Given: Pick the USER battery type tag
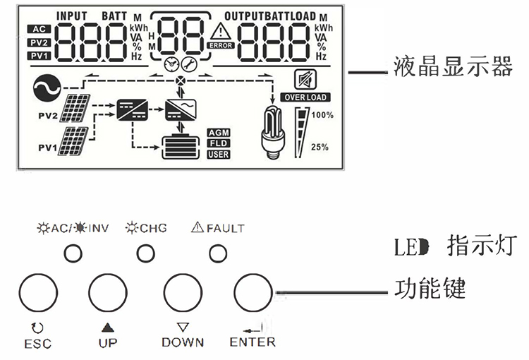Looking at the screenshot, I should pyautogui.click(x=218, y=154).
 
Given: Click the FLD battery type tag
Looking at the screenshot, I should pyautogui.click(x=218, y=143).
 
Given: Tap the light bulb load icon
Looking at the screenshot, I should pyautogui.click(x=272, y=130).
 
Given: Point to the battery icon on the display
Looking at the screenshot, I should pyautogui.click(x=181, y=148).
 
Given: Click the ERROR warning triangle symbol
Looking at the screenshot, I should pyautogui.click(x=221, y=31).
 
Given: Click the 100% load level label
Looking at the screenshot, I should pyautogui.click(x=322, y=115).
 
